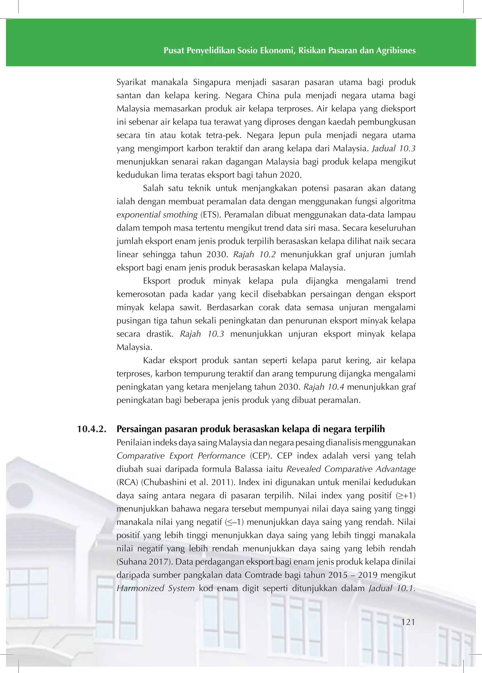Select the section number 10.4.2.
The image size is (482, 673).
(92, 429)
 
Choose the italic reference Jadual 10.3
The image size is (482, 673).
(394, 148)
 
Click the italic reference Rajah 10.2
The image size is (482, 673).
(254, 255)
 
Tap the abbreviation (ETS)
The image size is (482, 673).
(209, 215)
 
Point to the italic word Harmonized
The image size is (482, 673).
(140, 588)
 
